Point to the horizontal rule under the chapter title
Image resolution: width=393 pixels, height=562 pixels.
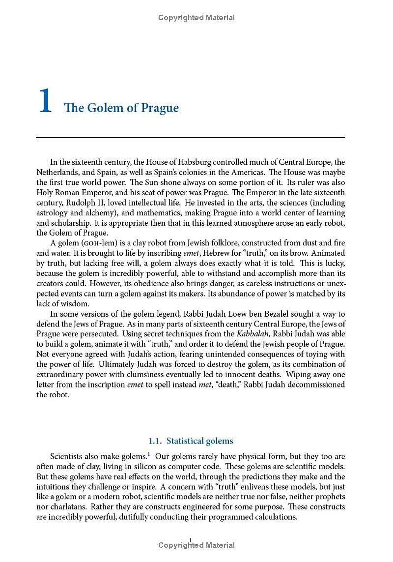point(191,138)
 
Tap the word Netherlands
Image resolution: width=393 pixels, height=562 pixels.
point(56,172)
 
